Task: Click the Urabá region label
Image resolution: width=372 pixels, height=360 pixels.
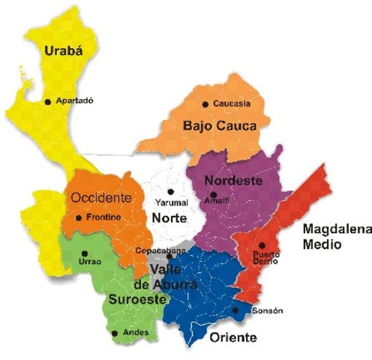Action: [58, 51]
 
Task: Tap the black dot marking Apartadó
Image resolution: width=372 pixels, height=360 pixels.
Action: [48, 101]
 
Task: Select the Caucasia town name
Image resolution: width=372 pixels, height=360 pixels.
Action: [232, 103]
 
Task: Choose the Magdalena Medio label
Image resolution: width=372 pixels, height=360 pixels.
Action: [331, 236]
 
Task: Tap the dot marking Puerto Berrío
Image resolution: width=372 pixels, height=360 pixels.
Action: [262, 245]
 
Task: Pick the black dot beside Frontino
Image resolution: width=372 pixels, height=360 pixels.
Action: [79, 218]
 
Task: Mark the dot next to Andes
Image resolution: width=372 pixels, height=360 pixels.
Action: [115, 333]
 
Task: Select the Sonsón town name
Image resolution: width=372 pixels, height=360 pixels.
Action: [267, 310]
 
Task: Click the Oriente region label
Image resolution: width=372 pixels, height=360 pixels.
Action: [233, 338]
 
